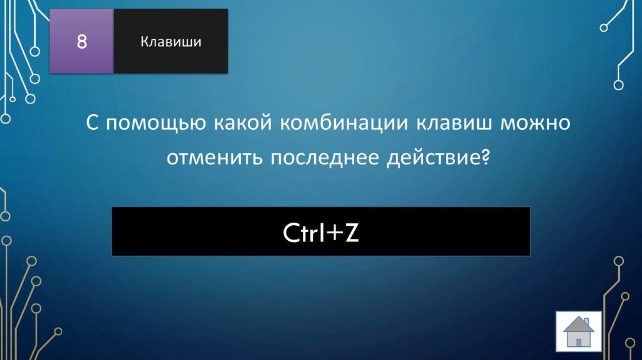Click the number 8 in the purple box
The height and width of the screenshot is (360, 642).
coord(81,42)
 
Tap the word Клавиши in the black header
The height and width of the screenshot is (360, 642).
coord(171,42)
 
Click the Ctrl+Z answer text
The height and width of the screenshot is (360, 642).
coord(320,233)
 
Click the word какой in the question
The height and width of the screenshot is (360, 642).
coord(236,123)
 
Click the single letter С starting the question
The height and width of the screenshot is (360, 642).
coord(92,123)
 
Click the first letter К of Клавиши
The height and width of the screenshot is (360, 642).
coord(144,42)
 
